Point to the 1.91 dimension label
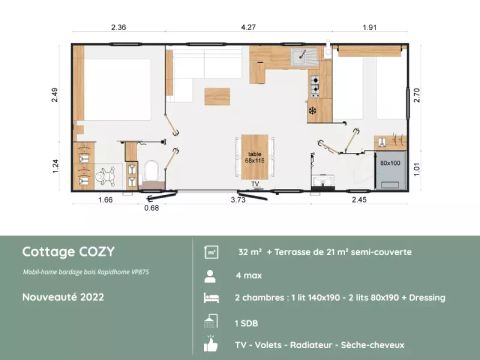click(x=372, y=27)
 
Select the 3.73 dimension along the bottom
click(x=240, y=201)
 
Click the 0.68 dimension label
click(x=152, y=207)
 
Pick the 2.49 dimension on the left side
click(x=57, y=96)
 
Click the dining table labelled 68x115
click(x=254, y=154)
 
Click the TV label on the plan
click(x=255, y=184)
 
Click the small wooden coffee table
click(x=217, y=96)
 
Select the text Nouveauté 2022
click(x=62, y=298)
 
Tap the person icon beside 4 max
click(x=211, y=274)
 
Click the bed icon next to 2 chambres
click(x=211, y=298)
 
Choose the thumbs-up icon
click(x=211, y=344)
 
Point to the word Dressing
click(x=424, y=298)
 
